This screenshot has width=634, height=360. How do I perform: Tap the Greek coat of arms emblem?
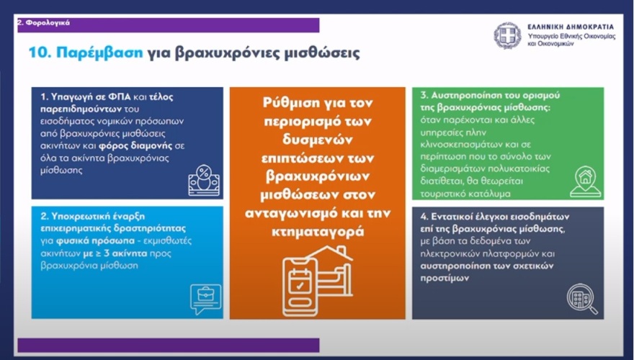[507, 35]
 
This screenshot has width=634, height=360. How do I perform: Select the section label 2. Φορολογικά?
[44, 22]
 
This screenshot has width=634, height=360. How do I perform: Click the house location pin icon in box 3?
[584, 181]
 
